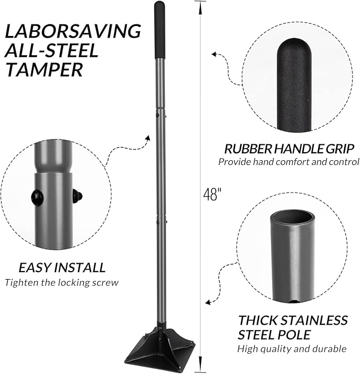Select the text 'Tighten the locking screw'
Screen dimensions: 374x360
pos(62,282)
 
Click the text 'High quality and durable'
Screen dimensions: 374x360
pos(292,349)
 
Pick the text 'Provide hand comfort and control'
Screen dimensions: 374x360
pos(288,162)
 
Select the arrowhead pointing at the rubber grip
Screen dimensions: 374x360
pos(214,54)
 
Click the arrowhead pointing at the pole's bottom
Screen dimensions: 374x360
pos(208,302)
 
